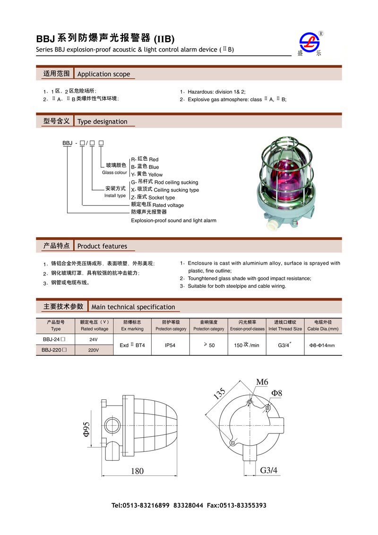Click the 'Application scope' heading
[103, 74]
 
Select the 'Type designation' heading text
[102, 121]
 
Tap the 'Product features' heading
[102, 246]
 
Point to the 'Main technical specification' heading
[133, 307]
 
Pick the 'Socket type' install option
[162, 198]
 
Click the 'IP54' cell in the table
[170, 345]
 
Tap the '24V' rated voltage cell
[94, 340]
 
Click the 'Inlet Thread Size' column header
[285, 328]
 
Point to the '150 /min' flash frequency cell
[247, 345]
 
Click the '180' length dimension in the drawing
[137, 471]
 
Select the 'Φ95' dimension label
[86, 428]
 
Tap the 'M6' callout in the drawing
[262, 382]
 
